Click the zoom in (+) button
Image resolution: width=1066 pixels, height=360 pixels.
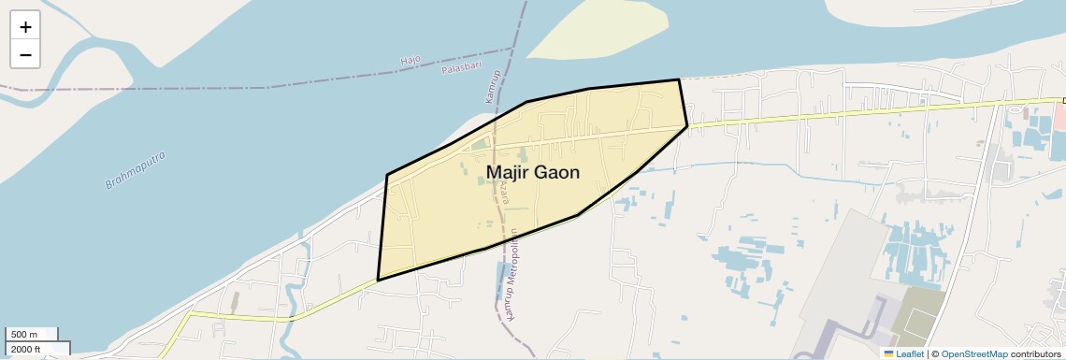coord(25,27)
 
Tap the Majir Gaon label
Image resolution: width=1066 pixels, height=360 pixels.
coord(533,173)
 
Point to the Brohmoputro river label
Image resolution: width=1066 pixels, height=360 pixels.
coord(136,168)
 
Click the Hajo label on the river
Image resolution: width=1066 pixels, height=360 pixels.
coord(411,61)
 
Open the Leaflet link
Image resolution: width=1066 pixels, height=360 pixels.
coord(910,353)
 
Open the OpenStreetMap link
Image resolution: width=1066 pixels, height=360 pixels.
coord(973,353)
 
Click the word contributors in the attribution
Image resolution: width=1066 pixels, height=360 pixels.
coord(1035,353)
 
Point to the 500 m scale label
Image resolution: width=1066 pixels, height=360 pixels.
coord(23,335)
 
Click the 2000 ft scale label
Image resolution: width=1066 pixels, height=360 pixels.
coord(25,349)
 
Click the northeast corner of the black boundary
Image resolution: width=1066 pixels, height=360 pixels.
coord(678,80)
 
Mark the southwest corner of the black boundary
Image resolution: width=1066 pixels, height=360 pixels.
coord(378,280)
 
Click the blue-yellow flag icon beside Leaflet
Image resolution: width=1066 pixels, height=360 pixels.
coord(888,353)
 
